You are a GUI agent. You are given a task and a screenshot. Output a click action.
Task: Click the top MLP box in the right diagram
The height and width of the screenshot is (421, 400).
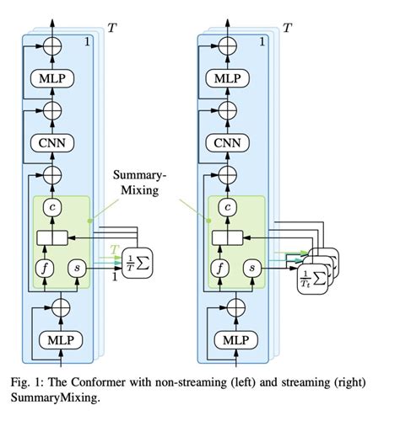coord(227,78)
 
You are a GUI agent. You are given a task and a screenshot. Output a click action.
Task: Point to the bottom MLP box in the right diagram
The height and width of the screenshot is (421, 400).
coord(227,341)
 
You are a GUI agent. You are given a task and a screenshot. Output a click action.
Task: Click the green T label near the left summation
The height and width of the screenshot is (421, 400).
coord(116,249)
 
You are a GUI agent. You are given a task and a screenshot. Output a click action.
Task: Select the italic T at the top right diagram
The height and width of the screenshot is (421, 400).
coord(288,28)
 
